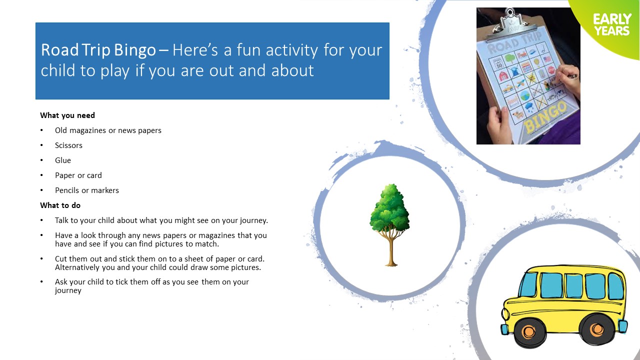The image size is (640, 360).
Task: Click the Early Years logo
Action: pyautogui.click(x=612, y=24)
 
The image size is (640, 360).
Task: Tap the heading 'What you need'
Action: pyautogui.click(x=67, y=115)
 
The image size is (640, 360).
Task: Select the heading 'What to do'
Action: pyautogui.click(x=60, y=205)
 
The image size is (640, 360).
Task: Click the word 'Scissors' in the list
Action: pyautogui.click(x=68, y=145)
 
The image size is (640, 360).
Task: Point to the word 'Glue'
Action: pyautogui.click(x=63, y=160)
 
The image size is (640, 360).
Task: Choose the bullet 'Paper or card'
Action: pyautogui.click(x=78, y=175)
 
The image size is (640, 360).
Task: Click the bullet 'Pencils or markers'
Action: pyautogui.click(x=87, y=190)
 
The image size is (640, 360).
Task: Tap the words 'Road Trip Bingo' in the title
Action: pyautogui.click(x=98, y=50)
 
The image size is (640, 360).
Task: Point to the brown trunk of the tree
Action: pyautogui.click(x=391, y=251)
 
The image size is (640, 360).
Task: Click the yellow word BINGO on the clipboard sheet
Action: pyautogui.click(x=545, y=117)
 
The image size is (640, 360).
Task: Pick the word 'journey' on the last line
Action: pyautogui.click(x=68, y=291)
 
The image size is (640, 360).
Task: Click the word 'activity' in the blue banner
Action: pyautogui.click(x=291, y=50)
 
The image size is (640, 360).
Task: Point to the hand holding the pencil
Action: pyautogui.click(x=567, y=79)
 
